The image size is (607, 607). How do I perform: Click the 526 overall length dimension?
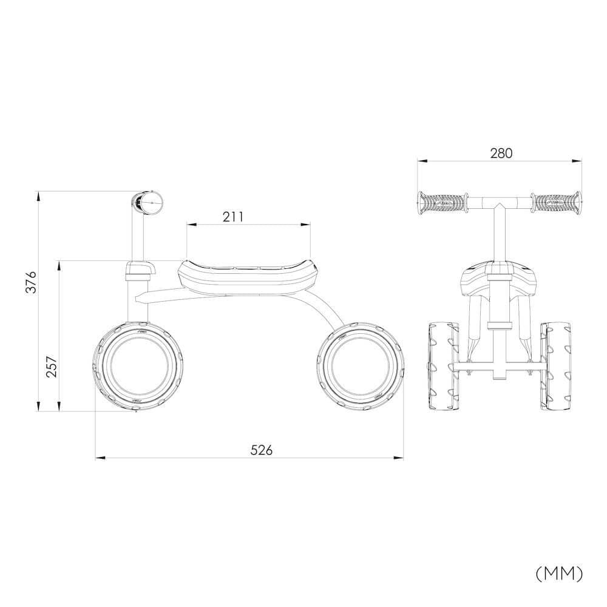262,450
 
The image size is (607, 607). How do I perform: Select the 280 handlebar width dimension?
501,153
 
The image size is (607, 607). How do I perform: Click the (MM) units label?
559,572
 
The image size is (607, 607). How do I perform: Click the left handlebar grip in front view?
442,202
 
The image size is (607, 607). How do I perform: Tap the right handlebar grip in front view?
555,202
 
